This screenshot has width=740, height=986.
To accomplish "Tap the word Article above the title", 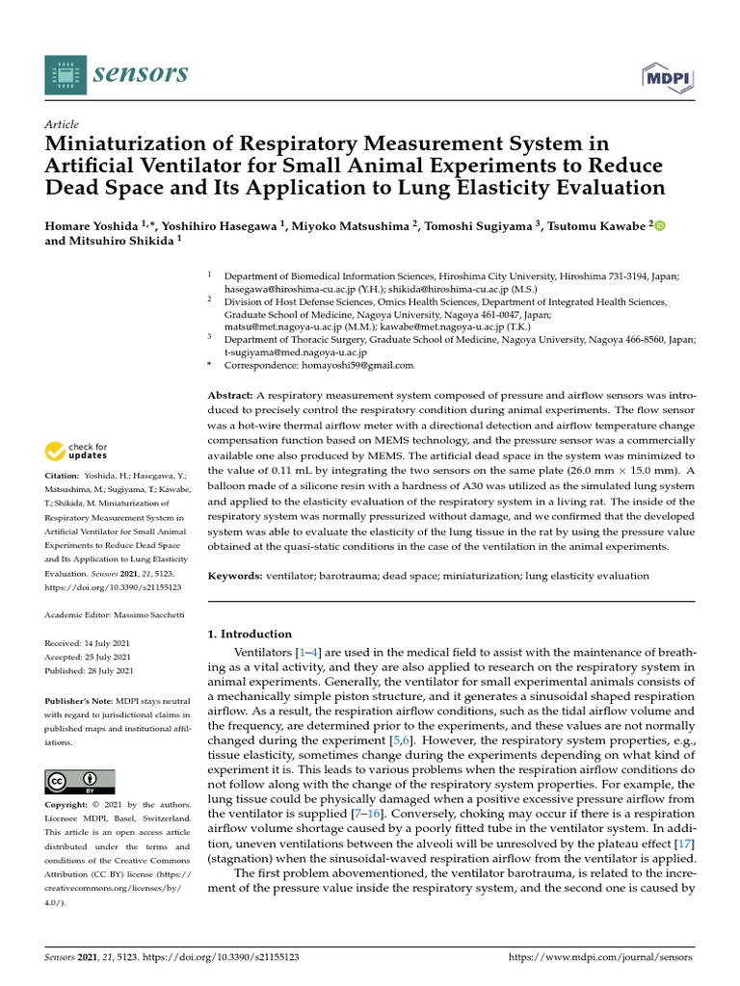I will [x=62, y=124].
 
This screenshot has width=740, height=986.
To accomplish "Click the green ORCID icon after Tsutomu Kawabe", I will [x=660, y=225].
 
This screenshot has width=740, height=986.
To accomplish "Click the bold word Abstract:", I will [x=230, y=396].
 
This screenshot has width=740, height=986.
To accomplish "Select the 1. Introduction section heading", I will [x=250, y=634].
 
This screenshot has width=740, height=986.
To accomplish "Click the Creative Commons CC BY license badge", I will [x=80, y=781].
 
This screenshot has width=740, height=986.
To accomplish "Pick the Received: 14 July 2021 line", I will [x=90, y=641].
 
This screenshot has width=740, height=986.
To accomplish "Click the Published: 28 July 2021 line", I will [x=90, y=670].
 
